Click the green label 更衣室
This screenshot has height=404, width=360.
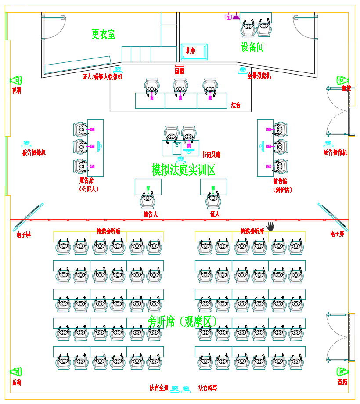pyautogui.click(x=103, y=34)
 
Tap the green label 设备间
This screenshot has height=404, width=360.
pyautogui.click(x=252, y=47)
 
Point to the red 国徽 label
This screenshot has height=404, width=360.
pyautogui.click(x=180, y=71)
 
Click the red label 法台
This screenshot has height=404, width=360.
pyautogui.click(x=236, y=105)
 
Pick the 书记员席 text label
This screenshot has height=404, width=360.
pyautogui.click(x=211, y=155)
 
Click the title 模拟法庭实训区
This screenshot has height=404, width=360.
pyautogui.click(x=184, y=170)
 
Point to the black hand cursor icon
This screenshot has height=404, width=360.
pyautogui.click(x=270, y=226)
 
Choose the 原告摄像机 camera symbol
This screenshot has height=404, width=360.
pyautogui.click(x=328, y=144)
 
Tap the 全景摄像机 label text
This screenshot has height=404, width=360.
pyautogui.click(x=259, y=76)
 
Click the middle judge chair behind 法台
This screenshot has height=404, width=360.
pyautogui.click(x=180, y=87)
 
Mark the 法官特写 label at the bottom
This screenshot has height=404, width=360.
pyautogui.click(x=207, y=388)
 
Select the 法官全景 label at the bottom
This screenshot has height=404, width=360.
pyautogui.click(x=159, y=388)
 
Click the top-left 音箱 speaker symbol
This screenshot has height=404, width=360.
pyautogui.click(x=16, y=80)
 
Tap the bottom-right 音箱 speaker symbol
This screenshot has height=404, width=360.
pyautogui.click(x=342, y=372)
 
